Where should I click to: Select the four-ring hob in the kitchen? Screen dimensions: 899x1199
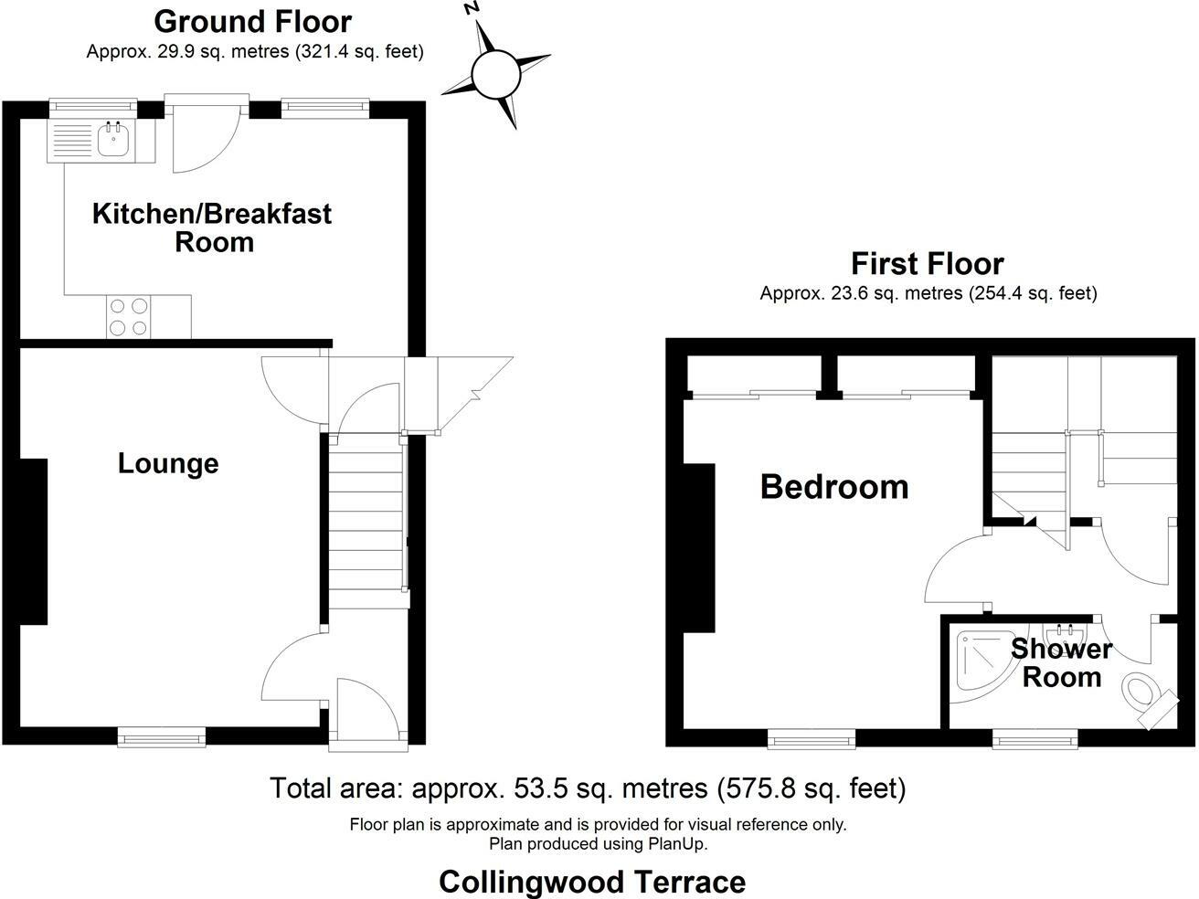point(128,317)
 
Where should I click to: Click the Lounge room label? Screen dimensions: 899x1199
point(168,463)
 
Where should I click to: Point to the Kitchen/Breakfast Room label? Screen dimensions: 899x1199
point(212,227)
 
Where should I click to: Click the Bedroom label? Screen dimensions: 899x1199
point(834,487)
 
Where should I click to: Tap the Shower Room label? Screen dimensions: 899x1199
point(1061,663)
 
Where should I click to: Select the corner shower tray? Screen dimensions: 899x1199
point(978,661)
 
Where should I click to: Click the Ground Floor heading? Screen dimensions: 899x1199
point(252,21)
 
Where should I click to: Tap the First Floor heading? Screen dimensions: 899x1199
point(927,264)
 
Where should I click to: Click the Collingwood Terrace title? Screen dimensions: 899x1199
point(592,882)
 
